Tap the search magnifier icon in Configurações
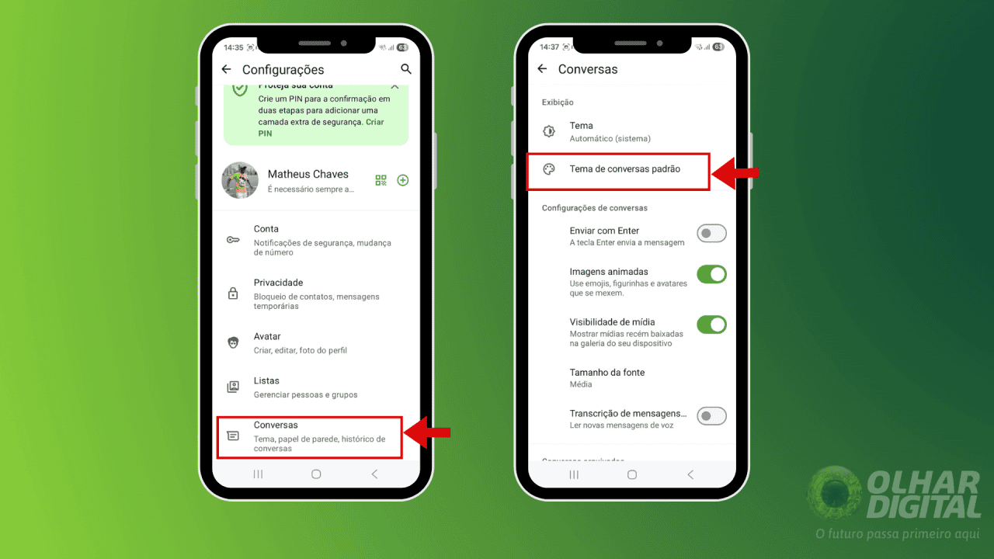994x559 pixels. pos(405,69)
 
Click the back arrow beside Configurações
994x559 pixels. pos(227,69)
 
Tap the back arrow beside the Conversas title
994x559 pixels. pos(542,69)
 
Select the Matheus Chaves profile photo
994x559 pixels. pos(240,180)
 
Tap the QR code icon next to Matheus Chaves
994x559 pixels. pos(381,180)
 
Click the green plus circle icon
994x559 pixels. pos(403,180)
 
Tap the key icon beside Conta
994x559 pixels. pos(233,240)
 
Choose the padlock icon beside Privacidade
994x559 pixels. pos(233,293)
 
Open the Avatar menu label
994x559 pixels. pos(267,336)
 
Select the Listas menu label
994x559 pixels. pos(266,380)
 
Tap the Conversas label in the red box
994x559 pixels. pos(276,425)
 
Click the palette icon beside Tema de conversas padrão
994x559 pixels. pos(549,169)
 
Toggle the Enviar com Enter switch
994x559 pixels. pos(711,234)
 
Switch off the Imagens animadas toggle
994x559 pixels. pos(711,274)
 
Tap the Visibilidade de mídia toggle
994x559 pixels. pos(711,325)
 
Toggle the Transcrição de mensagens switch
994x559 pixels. pos(711,416)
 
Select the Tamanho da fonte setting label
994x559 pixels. pos(607,373)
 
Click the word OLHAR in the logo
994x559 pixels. pos(923,482)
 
